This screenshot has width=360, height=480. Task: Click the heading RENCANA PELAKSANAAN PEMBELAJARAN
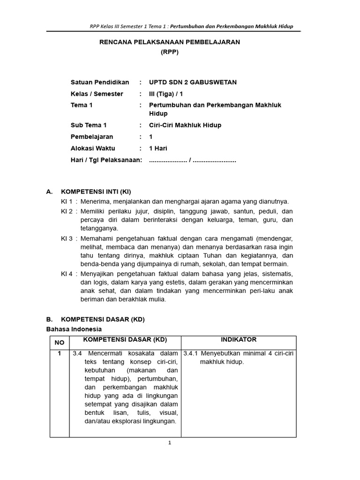point(169,42)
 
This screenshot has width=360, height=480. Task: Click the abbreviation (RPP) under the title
point(169,52)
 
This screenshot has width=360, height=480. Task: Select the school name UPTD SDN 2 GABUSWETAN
point(193,82)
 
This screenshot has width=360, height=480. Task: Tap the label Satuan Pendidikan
point(99,82)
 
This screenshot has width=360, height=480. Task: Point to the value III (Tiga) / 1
point(166,94)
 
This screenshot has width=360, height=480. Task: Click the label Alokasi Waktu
point(92,149)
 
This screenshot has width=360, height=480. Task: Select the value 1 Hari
point(158,149)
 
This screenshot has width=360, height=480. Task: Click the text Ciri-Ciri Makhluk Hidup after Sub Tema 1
point(185,125)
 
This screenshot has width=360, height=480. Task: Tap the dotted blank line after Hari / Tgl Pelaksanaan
point(192,160)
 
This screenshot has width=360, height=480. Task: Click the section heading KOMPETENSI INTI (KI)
point(96,192)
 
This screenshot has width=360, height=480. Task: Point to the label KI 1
point(67,201)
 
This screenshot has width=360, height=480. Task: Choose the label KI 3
point(67,238)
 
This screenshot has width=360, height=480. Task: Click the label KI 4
point(67,273)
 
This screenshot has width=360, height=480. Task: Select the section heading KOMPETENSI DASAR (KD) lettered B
point(103,319)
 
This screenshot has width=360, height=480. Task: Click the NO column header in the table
point(60,343)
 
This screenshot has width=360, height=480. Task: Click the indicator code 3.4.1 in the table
point(191,353)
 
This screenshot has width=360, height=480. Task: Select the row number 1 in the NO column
point(60,353)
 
